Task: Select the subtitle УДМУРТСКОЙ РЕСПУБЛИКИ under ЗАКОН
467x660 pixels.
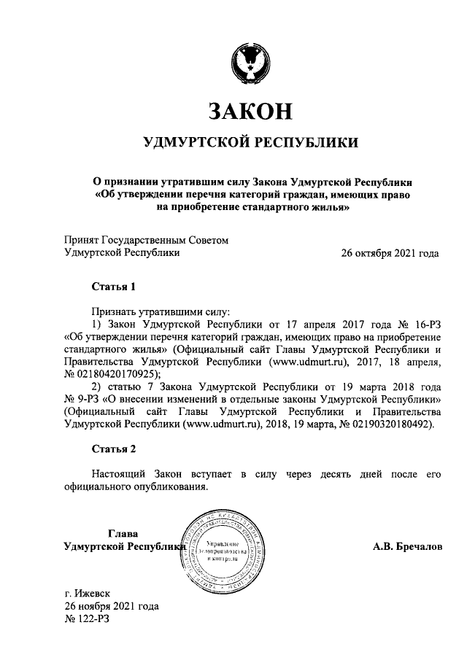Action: (x=250, y=142)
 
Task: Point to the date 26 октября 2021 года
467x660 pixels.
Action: (x=390, y=254)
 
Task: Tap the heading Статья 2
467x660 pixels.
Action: (x=113, y=447)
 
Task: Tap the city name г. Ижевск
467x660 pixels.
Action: (x=87, y=594)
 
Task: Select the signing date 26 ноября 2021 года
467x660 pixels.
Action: (x=111, y=607)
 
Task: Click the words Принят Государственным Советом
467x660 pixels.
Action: (x=147, y=240)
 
